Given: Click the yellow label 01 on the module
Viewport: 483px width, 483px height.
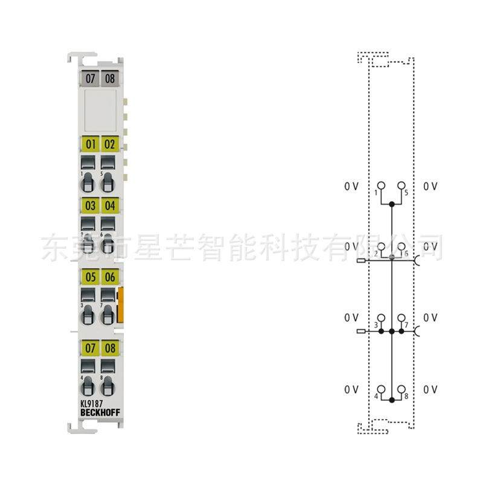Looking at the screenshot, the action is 91,144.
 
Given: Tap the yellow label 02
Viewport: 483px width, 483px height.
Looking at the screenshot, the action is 109,144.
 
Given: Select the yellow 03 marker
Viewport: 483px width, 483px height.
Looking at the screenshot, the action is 91,206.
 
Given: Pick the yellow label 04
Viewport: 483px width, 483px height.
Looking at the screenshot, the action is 109,206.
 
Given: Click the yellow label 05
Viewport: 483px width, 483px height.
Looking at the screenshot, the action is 91,277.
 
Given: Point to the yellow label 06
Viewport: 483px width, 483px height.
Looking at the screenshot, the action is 109,277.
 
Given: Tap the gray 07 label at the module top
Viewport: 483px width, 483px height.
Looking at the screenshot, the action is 91,78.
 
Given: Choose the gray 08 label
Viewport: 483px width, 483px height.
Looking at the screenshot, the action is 109,78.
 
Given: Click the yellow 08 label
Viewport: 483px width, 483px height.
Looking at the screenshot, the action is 109,348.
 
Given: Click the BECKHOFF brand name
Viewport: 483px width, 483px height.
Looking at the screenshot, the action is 99,412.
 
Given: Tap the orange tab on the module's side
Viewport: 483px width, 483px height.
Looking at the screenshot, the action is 121,305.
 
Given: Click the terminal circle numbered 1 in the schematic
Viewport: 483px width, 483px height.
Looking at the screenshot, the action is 381,185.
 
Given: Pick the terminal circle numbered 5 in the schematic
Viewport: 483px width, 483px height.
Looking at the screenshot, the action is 401,185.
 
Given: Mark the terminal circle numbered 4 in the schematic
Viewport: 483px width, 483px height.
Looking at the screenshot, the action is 381,389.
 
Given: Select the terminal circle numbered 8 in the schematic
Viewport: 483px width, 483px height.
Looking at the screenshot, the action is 401,389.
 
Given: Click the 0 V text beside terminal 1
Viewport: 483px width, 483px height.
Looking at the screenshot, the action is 351,187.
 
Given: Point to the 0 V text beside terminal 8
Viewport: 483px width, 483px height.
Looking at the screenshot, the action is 430,390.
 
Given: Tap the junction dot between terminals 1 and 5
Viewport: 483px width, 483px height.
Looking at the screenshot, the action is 391,205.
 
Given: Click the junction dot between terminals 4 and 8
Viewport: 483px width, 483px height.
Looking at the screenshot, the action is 391,400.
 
